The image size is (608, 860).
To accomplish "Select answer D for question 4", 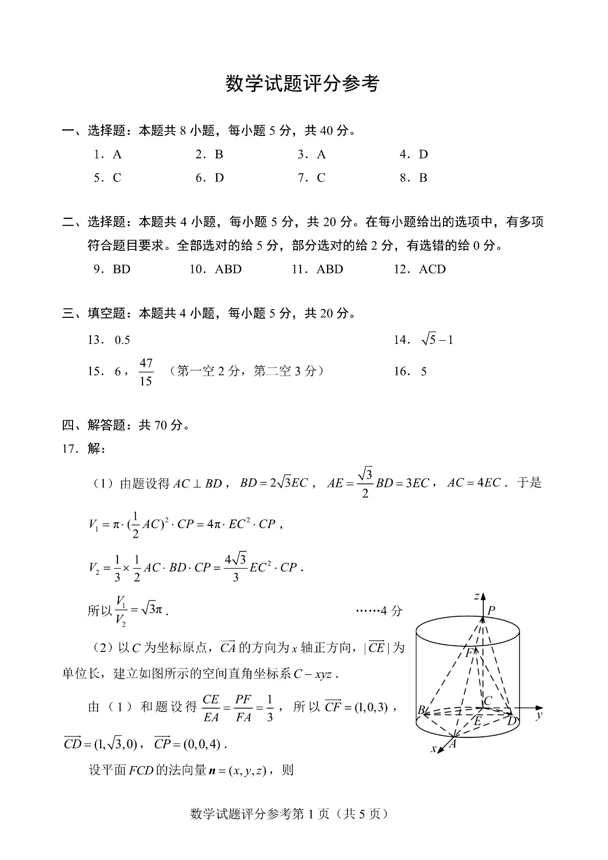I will tap(423, 154).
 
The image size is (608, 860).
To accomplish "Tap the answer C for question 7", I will tap(321, 178).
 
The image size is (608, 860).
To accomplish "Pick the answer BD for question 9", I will tap(122, 269).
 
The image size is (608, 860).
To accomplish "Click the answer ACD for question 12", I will tap(432, 269).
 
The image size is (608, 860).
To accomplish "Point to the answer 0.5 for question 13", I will tap(123, 340).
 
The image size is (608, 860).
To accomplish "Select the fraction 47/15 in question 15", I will tap(146, 372).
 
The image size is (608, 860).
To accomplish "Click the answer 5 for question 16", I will tap(424, 371).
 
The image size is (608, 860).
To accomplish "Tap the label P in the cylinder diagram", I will tap(491, 610).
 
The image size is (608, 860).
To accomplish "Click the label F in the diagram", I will tap(469, 653).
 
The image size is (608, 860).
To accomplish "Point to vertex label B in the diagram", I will tap(422, 710).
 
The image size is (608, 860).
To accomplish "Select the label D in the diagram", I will tap(511, 721).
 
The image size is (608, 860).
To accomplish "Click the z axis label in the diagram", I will tap(476, 596).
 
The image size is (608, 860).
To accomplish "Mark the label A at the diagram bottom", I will tap(452, 745).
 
